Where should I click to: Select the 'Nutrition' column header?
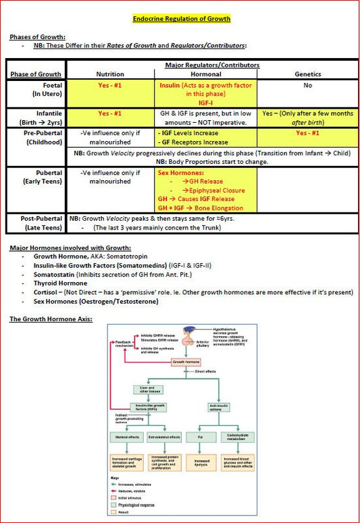tap(110, 74)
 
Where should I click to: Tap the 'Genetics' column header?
tap(307, 74)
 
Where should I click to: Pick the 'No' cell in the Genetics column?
tap(307, 86)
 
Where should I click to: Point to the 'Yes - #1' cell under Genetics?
tap(307, 134)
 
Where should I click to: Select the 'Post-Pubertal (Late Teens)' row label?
tap(38, 223)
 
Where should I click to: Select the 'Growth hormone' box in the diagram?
tap(187, 362)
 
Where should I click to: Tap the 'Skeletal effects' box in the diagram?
tap(126, 438)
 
